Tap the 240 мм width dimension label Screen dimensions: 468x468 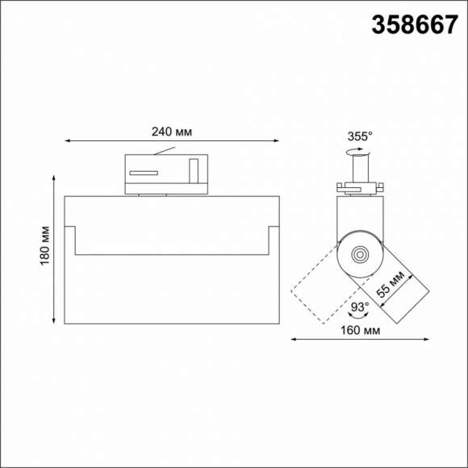click(x=171, y=132)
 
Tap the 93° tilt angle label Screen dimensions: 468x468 click(x=359, y=307)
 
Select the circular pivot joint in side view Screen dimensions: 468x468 click(x=358, y=254)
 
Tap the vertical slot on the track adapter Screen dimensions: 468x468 click(x=193, y=172)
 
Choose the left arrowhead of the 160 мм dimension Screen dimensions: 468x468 click(x=294, y=340)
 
